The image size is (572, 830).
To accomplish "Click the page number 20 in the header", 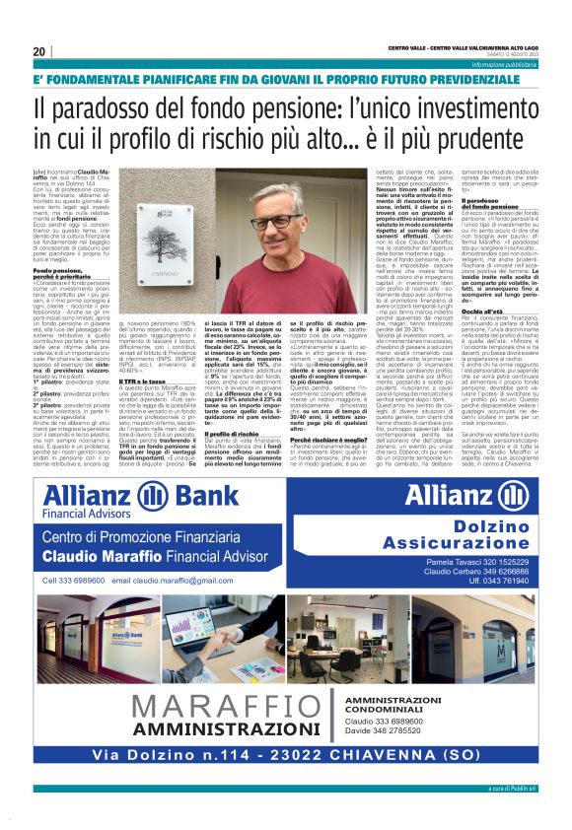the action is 39,51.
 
